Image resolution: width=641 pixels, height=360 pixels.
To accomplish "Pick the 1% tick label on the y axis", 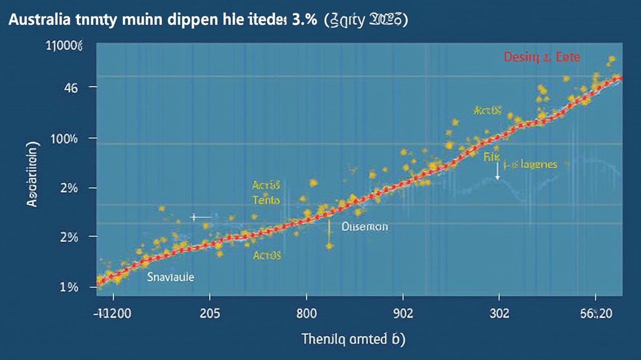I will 69,287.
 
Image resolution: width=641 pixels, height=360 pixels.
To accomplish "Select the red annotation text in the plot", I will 542,58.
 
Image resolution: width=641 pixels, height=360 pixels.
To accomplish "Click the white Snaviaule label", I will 170,277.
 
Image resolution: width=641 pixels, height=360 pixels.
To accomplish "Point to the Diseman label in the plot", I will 365,227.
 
